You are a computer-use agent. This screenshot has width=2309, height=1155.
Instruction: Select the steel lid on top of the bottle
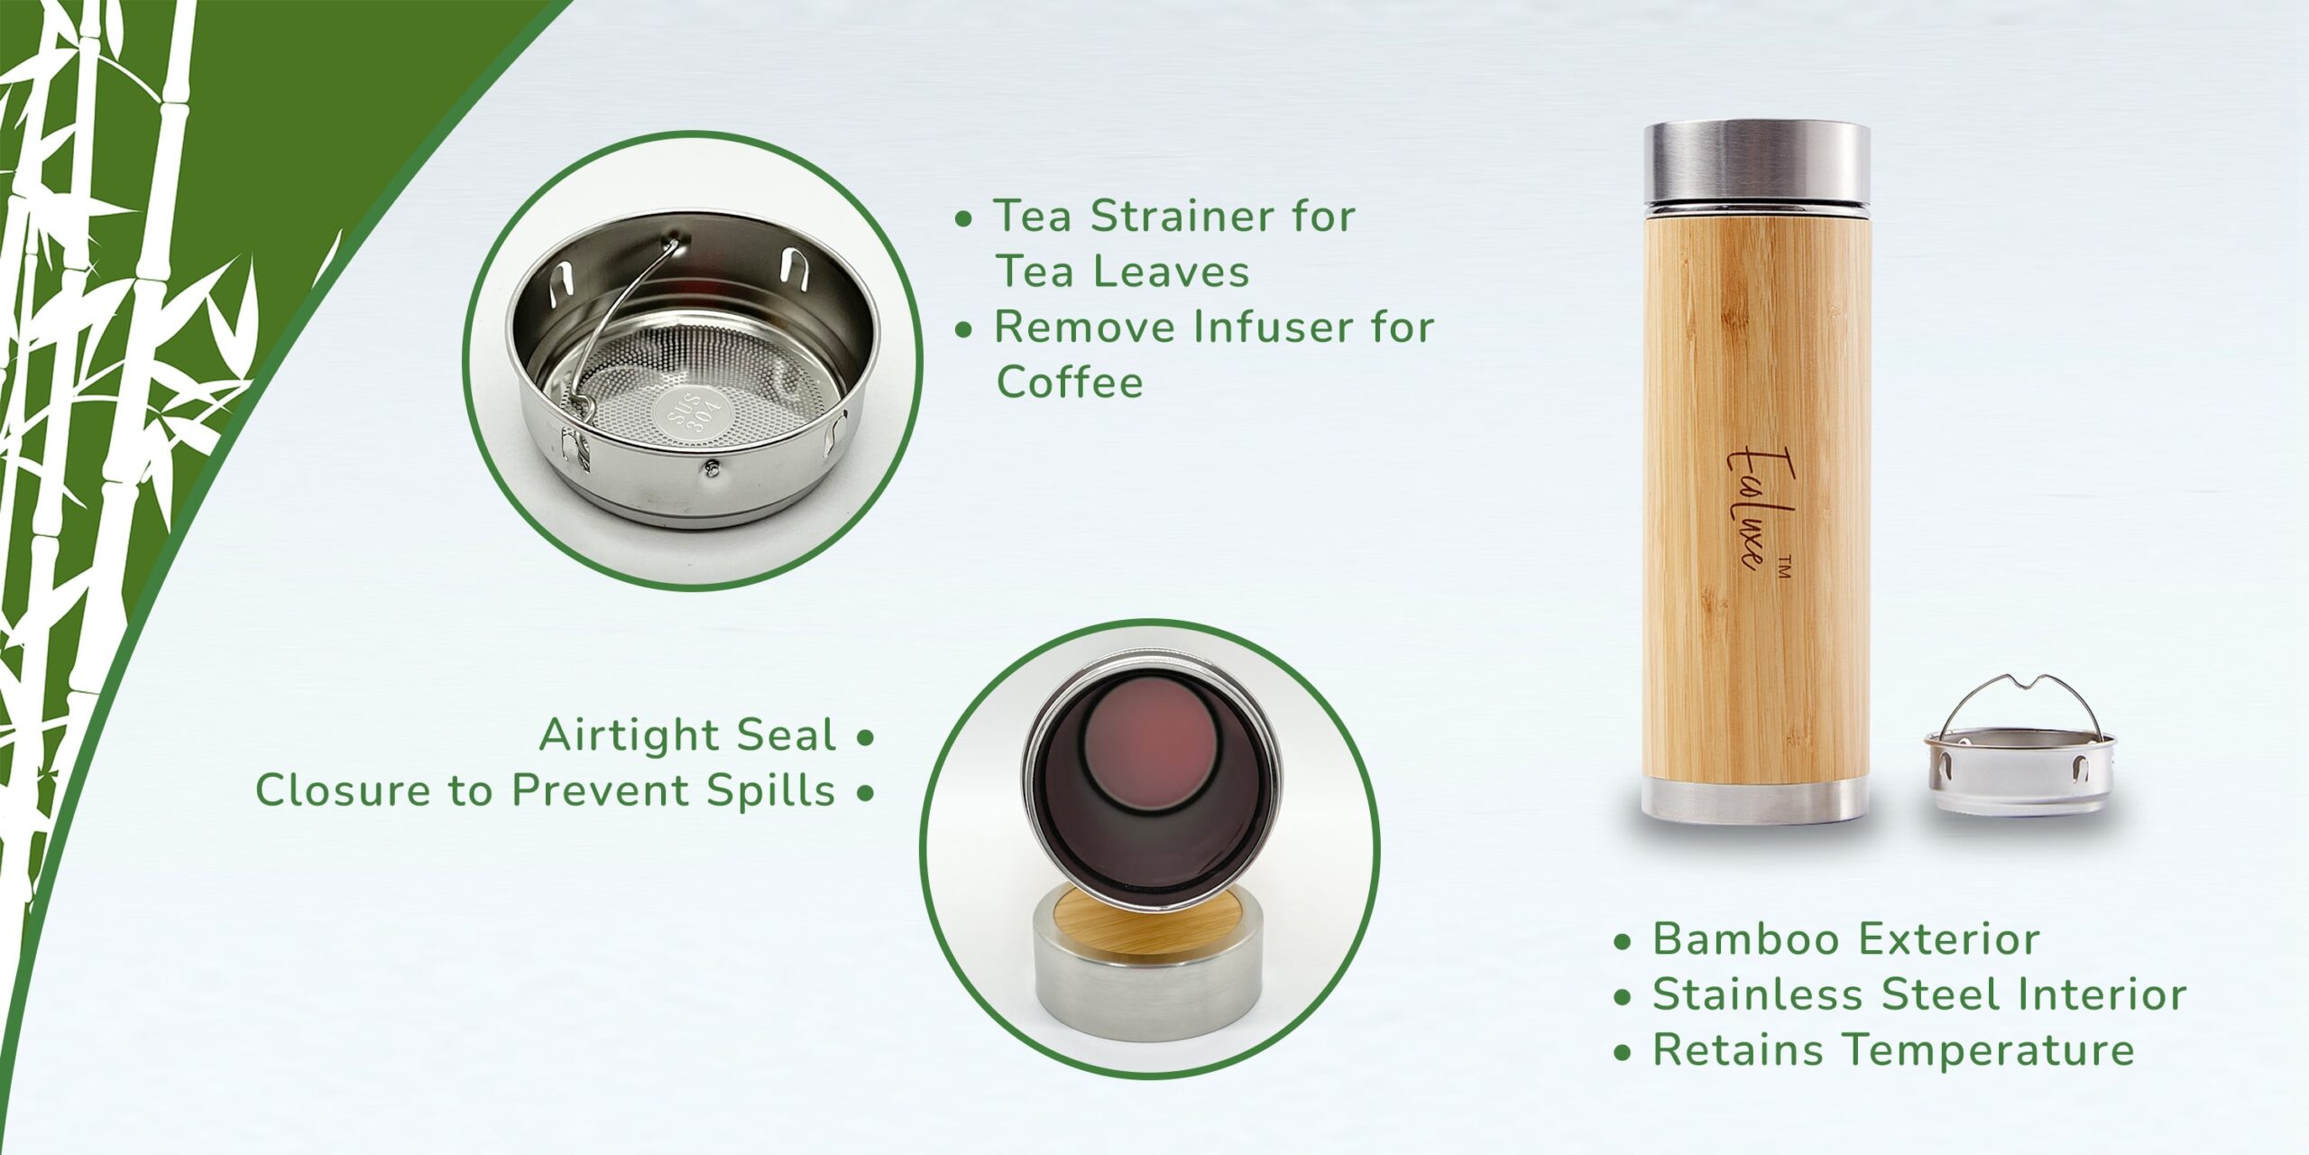(x=1756, y=174)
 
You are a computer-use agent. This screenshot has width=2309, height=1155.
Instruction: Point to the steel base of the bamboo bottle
(x=1755, y=802)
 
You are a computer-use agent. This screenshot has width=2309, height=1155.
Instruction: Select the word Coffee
(x=1070, y=383)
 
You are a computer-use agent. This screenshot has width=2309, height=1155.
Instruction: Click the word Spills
(x=771, y=791)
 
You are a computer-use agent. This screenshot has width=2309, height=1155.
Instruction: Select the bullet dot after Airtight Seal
(x=865, y=738)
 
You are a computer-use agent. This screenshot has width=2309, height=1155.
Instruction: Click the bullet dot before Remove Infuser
(x=964, y=330)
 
